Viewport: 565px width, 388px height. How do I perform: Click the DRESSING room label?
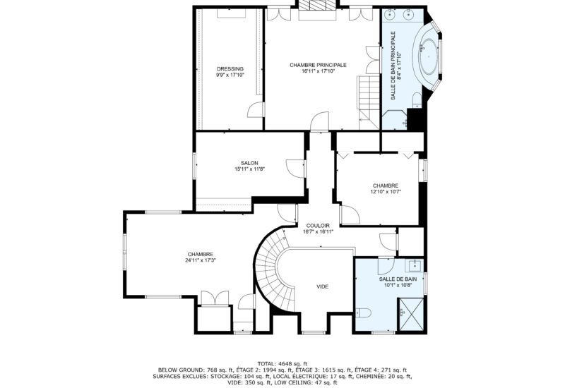tap(230, 68)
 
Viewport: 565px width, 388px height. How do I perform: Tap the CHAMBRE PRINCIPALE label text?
tap(318, 65)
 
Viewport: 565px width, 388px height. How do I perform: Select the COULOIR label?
tap(317, 225)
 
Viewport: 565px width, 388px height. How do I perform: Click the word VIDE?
tap(322, 286)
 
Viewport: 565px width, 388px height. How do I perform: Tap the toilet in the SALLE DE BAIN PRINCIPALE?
tap(417, 99)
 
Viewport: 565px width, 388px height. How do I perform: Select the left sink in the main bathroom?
tap(391, 13)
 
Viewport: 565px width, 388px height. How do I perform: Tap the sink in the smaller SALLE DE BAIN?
tap(415, 265)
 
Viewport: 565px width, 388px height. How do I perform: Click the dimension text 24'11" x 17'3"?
tap(201, 260)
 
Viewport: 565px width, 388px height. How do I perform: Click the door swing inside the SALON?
tap(292, 169)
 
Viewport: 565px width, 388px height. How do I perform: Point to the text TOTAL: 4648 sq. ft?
tap(282, 362)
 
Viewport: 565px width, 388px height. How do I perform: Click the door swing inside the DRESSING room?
tap(256, 111)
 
